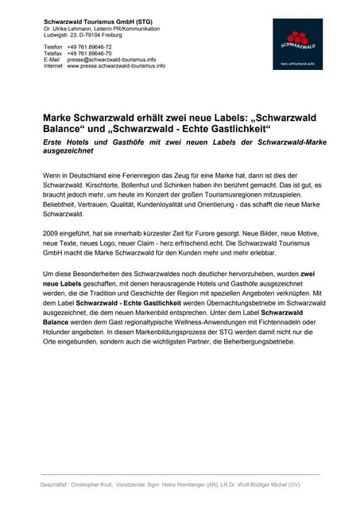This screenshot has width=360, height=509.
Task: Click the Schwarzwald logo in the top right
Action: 298,44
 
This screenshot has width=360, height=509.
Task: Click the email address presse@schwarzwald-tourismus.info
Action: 111,60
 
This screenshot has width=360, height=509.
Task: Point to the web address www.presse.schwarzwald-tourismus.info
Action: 116,66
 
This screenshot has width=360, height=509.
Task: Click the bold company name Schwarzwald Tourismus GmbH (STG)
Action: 98,21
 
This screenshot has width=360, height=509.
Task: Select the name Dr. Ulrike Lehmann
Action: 70,29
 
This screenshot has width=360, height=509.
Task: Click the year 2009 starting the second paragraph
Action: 52,231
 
